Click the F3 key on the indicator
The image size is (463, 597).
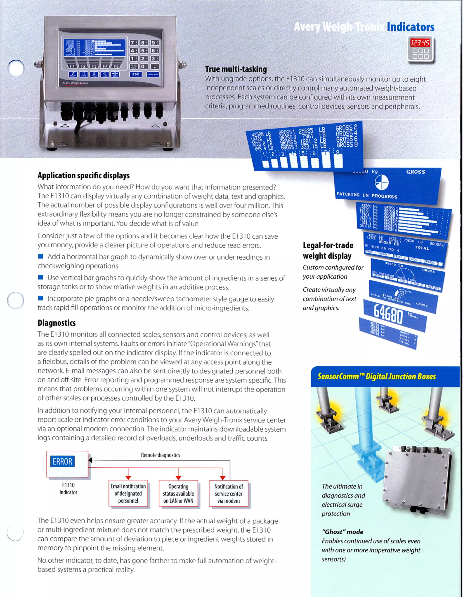point(94,66)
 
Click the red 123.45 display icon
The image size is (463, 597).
point(420,43)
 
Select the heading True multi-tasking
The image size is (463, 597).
point(236,69)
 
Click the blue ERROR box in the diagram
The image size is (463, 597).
point(62,462)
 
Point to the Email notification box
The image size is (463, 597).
point(128,493)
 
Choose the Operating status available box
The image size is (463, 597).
point(178,493)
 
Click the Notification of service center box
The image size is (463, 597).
point(229,493)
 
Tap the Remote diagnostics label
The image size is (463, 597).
point(160,455)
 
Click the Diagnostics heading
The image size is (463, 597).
point(57,323)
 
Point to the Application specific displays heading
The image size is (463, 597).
point(83,175)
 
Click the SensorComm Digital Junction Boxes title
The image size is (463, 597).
point(377,376)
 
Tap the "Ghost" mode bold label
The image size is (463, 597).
point(342,532)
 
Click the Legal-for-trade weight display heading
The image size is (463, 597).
point(328,250)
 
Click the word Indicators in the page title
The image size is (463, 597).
point(411,27)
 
